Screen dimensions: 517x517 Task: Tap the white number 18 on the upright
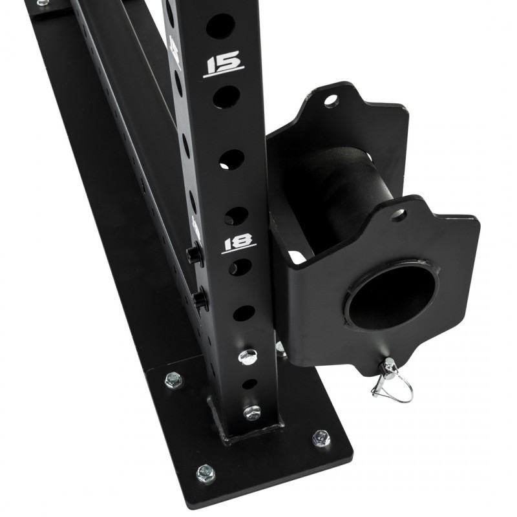tap(239, 244)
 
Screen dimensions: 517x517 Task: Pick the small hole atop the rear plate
tap(331, 100)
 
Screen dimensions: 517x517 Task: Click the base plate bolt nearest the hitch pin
tap(321, 439)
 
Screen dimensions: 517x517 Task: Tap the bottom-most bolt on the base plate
tap(206, 472)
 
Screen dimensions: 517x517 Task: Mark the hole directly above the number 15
tap(220, 26)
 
